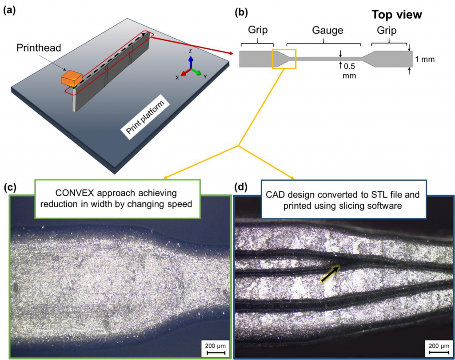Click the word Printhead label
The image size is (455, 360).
tap(39, 47)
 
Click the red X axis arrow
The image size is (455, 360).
tap(186, 72)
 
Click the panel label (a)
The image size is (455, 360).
tap(9, 11)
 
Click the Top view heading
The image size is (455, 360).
tap(397, 15)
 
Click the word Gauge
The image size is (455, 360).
tap(327, 30)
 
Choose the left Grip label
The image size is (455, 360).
tap(258, 30)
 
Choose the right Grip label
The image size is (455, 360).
tap(387, 30)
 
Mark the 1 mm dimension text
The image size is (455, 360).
tap(425, 59)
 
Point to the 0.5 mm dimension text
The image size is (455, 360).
tap(349, 71)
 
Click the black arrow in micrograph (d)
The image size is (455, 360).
tap(331, 273)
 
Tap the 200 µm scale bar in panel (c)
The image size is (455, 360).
tap(216, 352)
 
